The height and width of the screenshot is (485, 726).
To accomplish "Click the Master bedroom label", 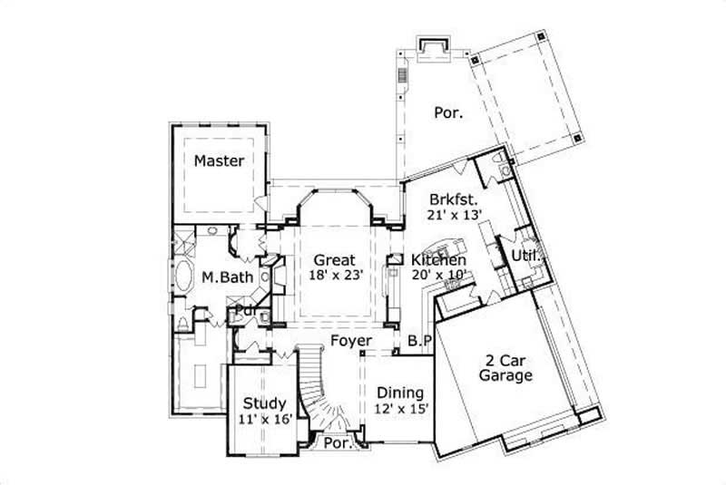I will [x=219, y=160].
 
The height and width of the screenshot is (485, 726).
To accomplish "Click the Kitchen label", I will [x=438, y=260].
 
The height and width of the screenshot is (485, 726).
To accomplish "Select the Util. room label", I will [x=526, y=257].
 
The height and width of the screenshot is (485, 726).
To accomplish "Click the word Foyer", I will [x=349, y=341].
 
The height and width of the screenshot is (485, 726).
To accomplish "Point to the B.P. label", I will [x=418, y=341].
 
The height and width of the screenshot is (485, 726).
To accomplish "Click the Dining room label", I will [x=400, y=393].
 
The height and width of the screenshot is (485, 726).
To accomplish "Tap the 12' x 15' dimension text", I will [x=400, y=409].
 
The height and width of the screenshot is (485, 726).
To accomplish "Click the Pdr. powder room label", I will [x=244, y=310].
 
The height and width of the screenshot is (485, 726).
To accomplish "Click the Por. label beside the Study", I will [x=338, y=445].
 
